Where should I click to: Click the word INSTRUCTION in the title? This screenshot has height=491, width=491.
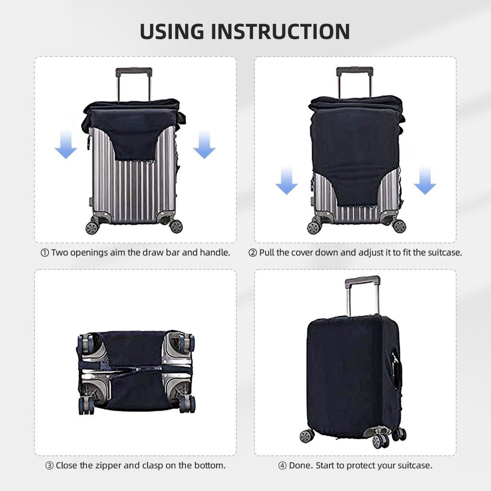[281, 31]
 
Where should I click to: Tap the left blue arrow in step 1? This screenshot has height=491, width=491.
[66, 145]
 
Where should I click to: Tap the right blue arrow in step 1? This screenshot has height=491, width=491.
[204, 145]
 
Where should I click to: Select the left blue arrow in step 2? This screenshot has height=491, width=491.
[286, 181]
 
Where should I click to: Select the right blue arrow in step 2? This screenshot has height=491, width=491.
[425, 181]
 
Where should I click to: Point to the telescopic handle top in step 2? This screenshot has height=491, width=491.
[354, 71]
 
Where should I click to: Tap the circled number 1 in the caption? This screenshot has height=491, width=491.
[45, 253]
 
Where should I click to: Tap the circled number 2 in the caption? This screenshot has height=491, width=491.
[253, 253]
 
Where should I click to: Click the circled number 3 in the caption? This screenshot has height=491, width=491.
[49, 466]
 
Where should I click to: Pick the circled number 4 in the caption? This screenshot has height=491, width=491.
[282, 466]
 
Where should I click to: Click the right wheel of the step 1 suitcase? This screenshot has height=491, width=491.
[176, 226]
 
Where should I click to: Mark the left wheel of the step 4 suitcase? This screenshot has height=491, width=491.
[306, 435]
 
